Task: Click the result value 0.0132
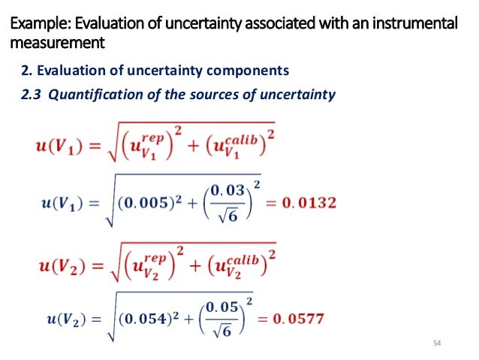point(309,202)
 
